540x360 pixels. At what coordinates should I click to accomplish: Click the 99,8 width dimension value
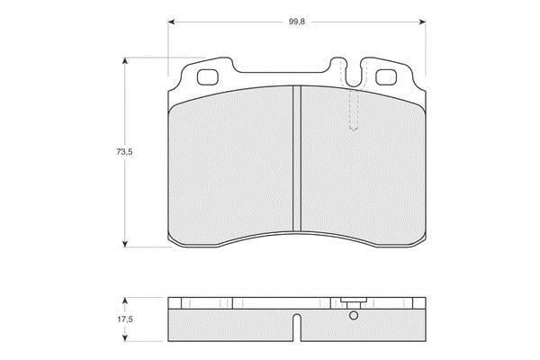(x=296, y=22)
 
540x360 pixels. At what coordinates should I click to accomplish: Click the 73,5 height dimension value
(x=124, y=151)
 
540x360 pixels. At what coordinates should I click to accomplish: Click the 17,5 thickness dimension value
(x=125, y=319)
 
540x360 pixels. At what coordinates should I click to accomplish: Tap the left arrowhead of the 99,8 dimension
(x=172, y=22)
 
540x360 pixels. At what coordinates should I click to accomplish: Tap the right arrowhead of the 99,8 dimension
(x=422, y=22)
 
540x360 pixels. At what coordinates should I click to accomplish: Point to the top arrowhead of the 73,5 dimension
(x=125, y=61)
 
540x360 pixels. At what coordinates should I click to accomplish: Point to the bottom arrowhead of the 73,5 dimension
(x=125, y=244)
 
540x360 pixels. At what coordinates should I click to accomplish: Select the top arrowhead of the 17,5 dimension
(x=125, y=301)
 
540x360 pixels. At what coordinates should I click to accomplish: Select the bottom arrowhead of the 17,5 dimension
(x=125, y=337)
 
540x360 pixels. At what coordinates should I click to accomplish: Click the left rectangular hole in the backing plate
(x=208, y=77)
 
